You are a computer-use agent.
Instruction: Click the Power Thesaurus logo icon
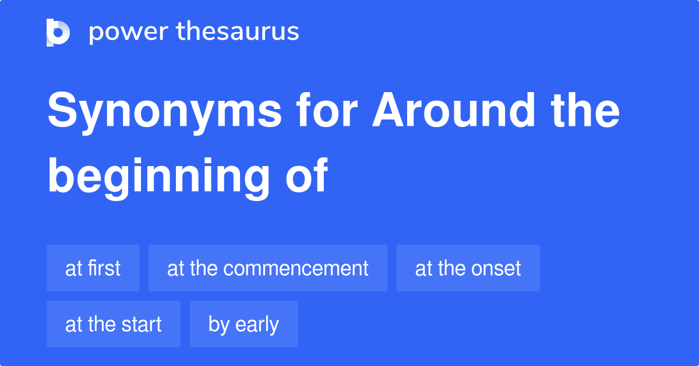click(x=58, y=32)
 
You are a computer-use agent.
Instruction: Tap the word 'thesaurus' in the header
click(x=238, y=32)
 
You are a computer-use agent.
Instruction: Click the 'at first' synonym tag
click(x=93, y=268)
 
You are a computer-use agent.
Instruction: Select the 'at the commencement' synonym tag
click(x=267, y=268)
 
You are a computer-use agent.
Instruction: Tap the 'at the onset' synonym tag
click(x=468, y=268)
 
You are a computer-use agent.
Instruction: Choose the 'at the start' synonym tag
click(x=113, y=324)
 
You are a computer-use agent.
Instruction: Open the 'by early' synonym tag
click(x=243, y=324)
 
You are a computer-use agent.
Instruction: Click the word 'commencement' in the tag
click(x=296, y=268)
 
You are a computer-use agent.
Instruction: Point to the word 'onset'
click(x=496, y=268)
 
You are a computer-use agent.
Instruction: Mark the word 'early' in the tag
click(x=257, y=325)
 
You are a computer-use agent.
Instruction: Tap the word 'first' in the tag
click(x=105, y=268)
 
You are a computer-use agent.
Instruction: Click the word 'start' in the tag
click(x=142, y=324)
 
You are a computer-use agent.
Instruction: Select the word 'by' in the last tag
click(x=218, y=325)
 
